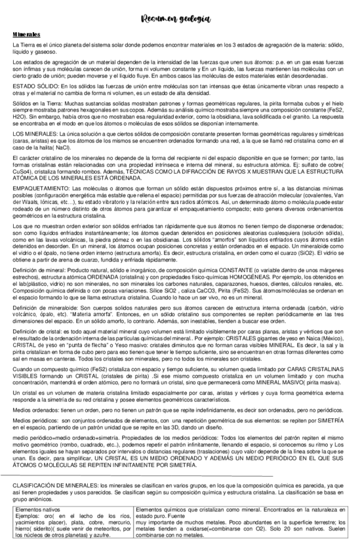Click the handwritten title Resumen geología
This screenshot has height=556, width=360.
(179, 19)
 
